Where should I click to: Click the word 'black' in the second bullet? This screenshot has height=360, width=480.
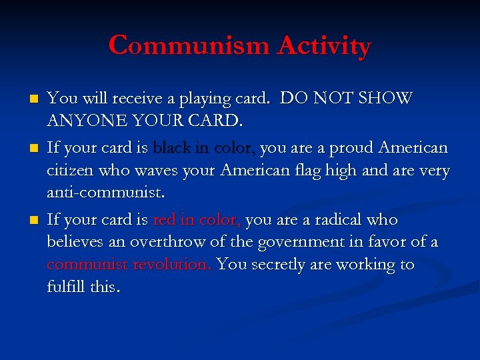[171, 147]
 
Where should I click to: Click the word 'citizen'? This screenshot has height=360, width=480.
[69, 171]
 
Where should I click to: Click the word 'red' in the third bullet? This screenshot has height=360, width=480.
[164, 219]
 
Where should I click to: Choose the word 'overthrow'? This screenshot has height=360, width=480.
[162, 242]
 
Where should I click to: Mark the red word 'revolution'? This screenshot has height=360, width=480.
[171, 265]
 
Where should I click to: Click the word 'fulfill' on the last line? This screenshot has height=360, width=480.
[65, 287]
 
